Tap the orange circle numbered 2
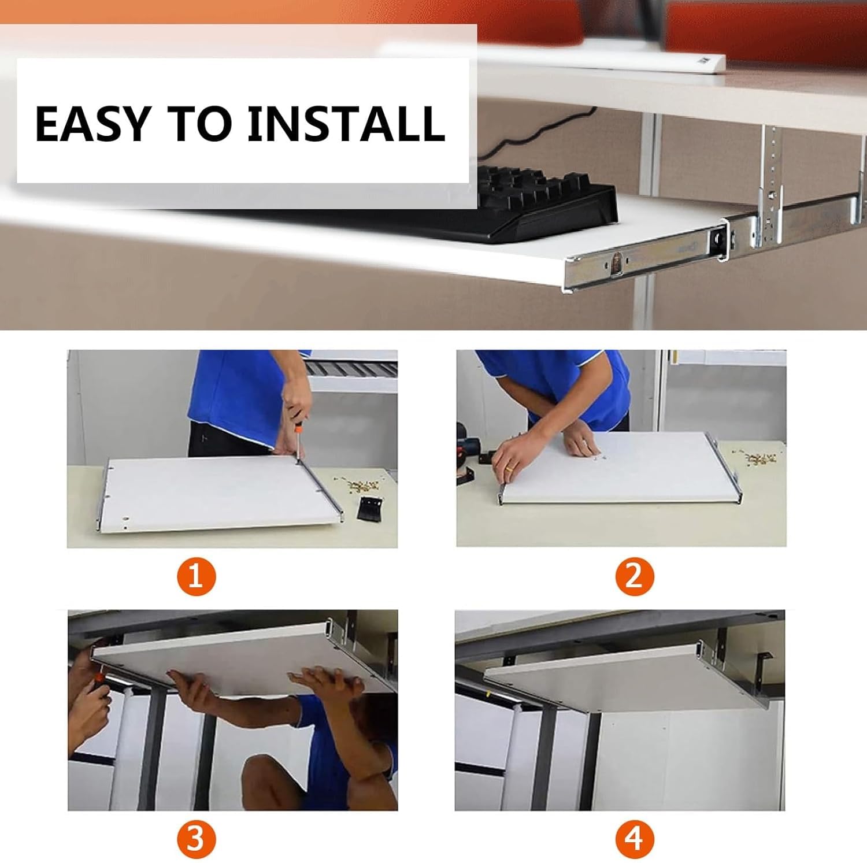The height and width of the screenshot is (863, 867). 634,576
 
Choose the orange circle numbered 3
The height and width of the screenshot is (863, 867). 196,838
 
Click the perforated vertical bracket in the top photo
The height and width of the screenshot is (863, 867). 771,185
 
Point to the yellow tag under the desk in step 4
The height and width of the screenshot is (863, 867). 489,691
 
